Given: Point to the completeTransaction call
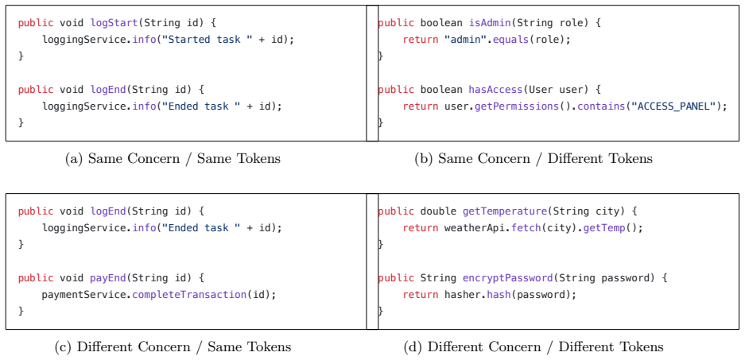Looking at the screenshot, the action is pyautogui.click(x=189, y=295).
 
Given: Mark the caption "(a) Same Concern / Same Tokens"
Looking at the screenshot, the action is pyautogui.click(x=173, y=159).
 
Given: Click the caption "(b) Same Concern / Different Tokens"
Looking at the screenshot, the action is pyautogui.click(x=533, y=159).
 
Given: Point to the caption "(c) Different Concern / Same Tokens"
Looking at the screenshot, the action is pyautogui.click(x=173, y=346).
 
